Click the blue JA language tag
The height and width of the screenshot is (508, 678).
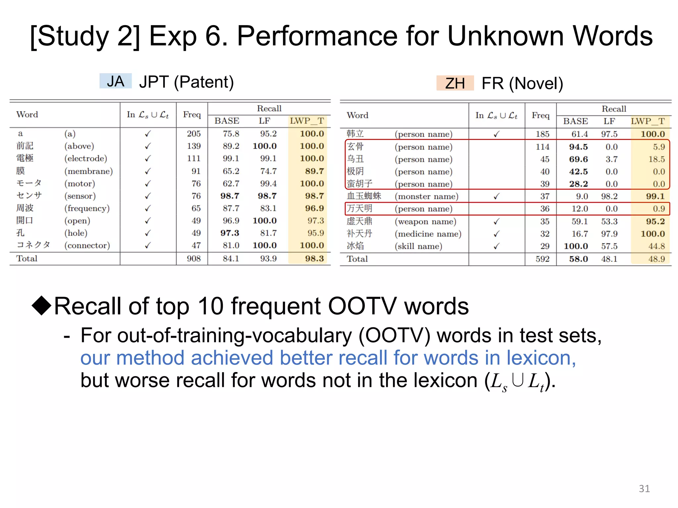click(116, 81)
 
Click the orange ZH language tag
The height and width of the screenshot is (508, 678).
click(455, 83)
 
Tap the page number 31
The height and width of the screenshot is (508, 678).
click(644, 488)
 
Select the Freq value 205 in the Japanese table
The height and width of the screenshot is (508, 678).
click(194, 134)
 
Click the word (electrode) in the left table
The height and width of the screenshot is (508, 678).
click(86, 158)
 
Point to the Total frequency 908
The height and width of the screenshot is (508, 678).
click(194, 259)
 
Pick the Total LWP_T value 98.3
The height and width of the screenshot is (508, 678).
click(314, 259)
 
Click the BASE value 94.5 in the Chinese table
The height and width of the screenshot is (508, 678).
click(578, 147)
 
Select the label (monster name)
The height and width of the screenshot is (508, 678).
click(426, 196)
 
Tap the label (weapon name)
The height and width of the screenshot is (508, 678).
click(425, 221)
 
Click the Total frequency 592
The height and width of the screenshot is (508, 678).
click(543, 259)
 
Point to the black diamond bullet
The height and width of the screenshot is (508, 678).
click(42, 305)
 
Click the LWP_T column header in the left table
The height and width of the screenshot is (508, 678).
click(307, 121)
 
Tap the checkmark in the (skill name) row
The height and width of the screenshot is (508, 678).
click(496, 246)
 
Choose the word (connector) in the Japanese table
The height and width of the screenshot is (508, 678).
click(87, 245)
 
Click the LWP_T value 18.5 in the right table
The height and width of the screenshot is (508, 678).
click(656, 159)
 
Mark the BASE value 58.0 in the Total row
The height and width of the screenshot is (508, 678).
click(578, 259)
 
